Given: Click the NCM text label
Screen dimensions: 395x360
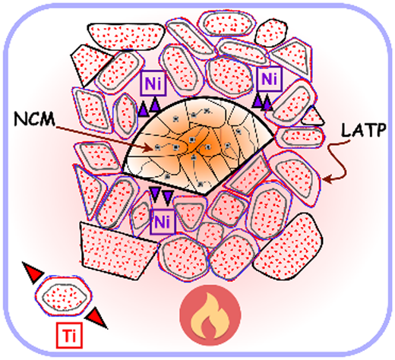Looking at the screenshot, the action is click(34, 119).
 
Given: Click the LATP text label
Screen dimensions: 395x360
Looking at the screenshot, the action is click(364, 130).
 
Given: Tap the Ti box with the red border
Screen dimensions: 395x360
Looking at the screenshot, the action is click(69, 335).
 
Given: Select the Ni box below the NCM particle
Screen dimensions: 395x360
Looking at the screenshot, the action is click(163, 222).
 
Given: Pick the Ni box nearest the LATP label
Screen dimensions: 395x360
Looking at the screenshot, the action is click(270, 79).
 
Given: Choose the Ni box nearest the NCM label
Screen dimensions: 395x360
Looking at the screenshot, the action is click(153, 83).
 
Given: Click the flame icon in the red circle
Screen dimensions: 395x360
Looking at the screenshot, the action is click(210, 315).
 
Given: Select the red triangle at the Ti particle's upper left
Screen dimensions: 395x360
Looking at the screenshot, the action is click(33, 272).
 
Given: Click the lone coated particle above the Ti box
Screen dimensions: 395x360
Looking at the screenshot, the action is click(64, 296).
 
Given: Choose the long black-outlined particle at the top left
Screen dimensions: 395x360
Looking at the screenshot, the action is click(126, 36).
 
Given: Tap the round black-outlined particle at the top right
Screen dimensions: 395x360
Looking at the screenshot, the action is click(271, 33).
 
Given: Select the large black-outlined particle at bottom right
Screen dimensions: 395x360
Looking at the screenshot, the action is click(289, 249).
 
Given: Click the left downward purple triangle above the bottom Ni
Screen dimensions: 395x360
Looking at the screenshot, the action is click(155, 194).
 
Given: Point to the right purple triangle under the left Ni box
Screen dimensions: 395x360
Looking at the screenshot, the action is click(155, 105).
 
